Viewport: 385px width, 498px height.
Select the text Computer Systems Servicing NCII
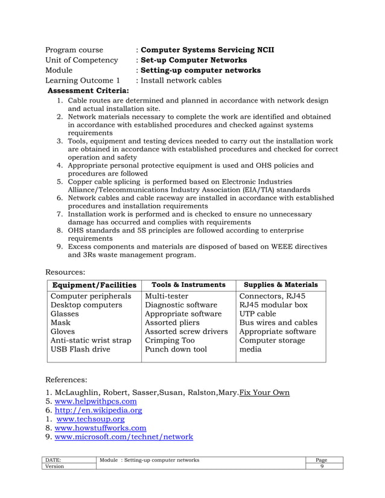point(207,49)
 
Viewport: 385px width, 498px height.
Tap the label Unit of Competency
point(82,60)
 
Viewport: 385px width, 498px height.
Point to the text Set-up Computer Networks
point(193,60)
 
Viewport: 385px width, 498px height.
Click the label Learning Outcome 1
point(83,80)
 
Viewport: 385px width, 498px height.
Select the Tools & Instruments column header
point(188,285)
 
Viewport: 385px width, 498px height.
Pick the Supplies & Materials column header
point(281,285)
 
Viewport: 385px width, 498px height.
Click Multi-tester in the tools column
point(167,296)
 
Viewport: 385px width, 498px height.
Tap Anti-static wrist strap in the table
point(91,340)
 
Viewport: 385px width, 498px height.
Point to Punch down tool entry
point(176,349)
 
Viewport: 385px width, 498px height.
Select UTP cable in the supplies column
point(258,314)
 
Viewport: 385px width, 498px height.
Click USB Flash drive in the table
point(81,349)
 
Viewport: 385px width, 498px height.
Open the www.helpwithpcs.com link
point(95,402)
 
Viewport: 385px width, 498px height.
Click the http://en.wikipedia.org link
point(98,411)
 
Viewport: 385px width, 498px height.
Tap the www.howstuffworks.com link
point(100,428)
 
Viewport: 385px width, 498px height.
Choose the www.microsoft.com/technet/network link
point(124,437)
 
